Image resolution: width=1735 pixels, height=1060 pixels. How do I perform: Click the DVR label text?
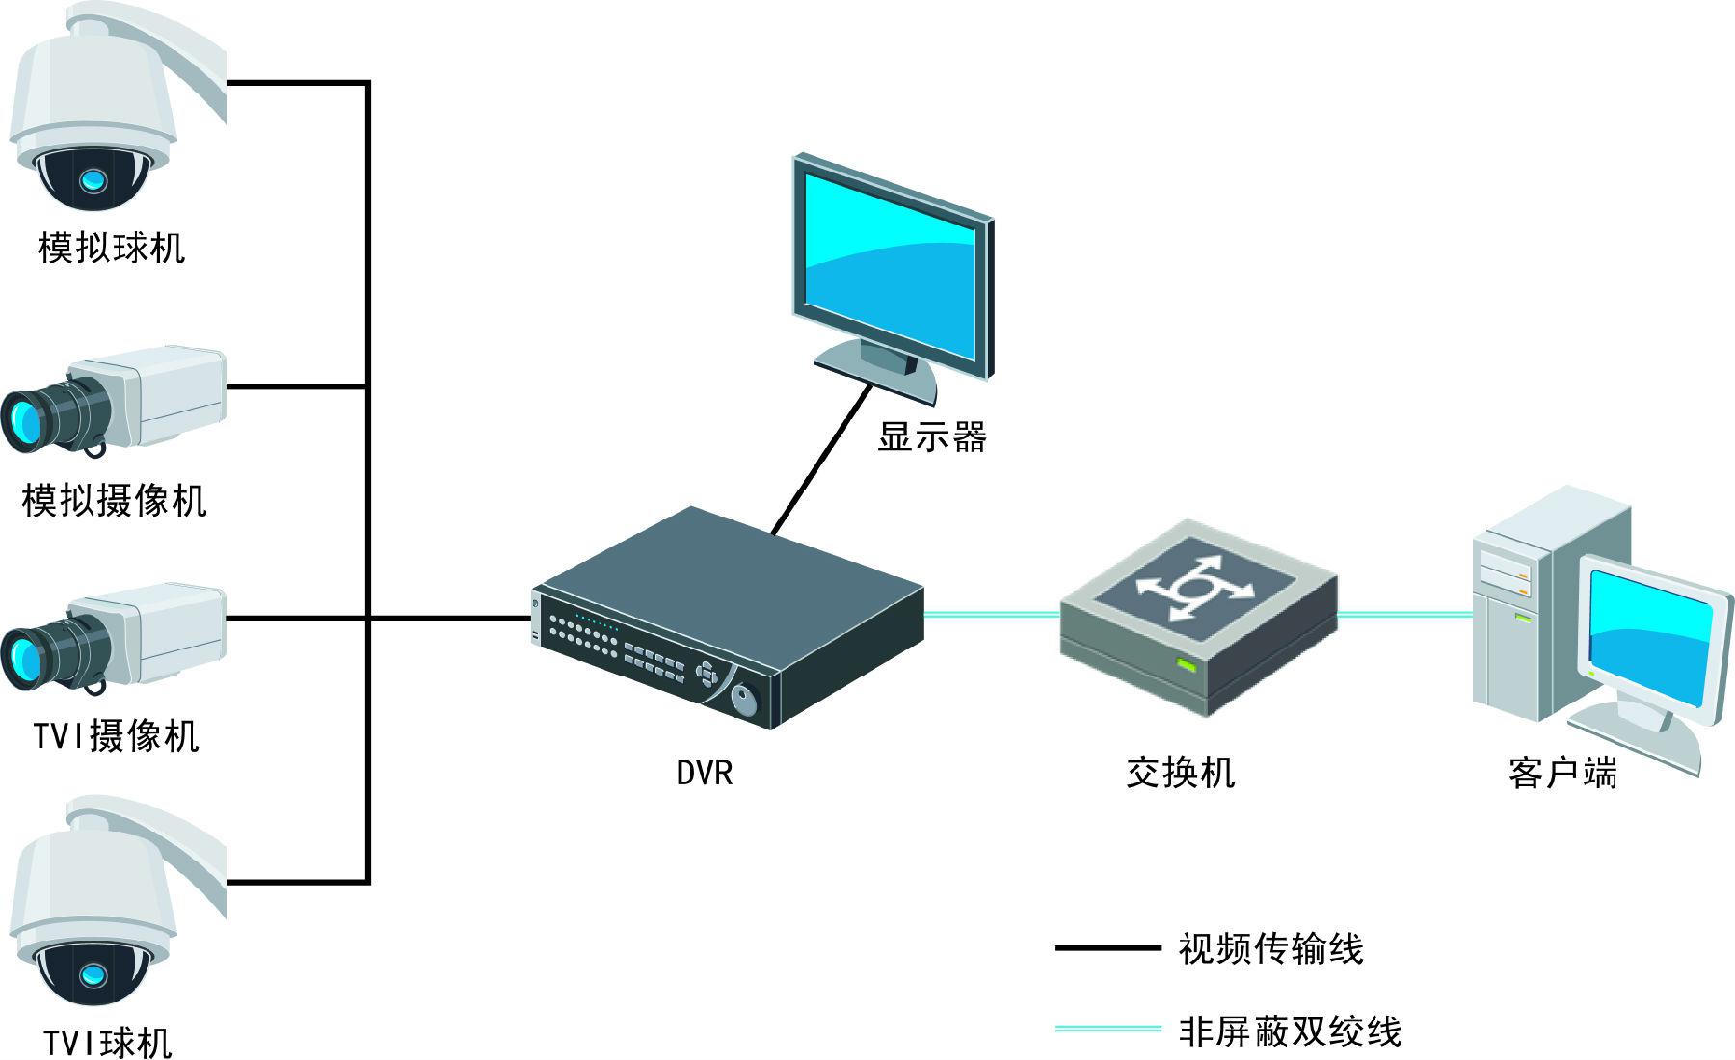point(705,773)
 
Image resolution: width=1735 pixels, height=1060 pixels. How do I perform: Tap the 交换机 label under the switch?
point(1180,773)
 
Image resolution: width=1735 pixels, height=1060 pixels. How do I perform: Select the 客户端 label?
point(1562,773)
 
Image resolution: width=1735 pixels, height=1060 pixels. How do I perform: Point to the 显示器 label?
point(932,437)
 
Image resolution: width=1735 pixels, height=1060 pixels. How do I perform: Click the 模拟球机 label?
point(112,248)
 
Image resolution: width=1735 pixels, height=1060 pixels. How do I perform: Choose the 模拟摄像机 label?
point(115,500)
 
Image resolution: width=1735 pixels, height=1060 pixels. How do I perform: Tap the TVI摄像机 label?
point(117,736)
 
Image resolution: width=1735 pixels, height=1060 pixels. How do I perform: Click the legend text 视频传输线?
point(1270,948)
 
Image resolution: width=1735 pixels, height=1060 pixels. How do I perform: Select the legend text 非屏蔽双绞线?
point(1289,1031)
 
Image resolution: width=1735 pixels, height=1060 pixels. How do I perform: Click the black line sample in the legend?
point(1108,948)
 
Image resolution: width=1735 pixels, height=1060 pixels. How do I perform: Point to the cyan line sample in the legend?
point(1108,1029)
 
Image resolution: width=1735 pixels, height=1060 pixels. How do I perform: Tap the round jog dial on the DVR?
point(744,700)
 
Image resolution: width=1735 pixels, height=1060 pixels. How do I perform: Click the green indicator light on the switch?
point(1186,665)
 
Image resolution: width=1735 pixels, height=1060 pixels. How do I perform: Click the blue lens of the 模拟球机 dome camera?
point(93,179)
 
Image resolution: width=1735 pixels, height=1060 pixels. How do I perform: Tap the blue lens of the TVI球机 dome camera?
point(93,974)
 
